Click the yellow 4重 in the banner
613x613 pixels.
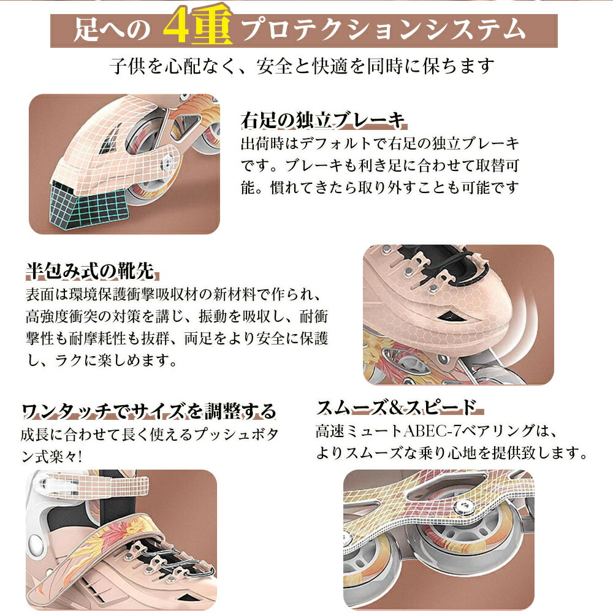(x=198, y=26)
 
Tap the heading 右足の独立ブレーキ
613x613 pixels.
(x=322, y=120)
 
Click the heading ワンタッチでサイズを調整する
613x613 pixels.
(x=149, y=411)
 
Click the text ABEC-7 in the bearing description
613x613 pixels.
(x=428, y=431)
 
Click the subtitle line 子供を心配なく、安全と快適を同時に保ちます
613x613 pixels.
(x=302, y=66)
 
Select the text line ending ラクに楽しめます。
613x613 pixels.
(x=102, y=360)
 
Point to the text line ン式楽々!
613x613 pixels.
(x=51, y=456)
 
